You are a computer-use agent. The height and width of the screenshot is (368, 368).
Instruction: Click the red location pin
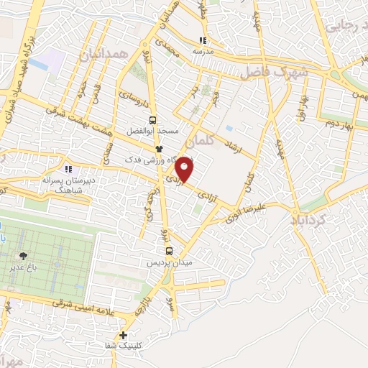pos(185,168)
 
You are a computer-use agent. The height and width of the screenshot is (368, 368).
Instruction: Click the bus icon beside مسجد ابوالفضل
pos(152,121)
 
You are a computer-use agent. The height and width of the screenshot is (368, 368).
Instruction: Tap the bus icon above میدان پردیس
pos(169,251)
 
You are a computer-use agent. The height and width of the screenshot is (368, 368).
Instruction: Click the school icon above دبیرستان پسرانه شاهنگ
pos(68,169)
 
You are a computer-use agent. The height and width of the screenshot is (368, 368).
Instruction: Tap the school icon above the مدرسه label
pos(203,40)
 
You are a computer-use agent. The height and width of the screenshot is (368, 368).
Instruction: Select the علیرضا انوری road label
pos(248,207)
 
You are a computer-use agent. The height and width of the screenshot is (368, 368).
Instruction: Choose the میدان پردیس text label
pos(170,264)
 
